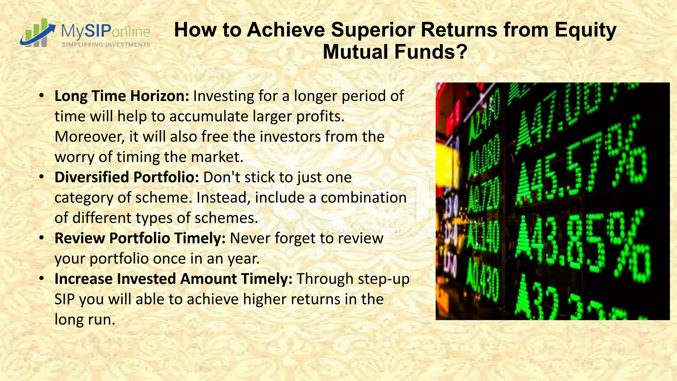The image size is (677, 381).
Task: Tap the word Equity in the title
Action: click(x=585, y=30)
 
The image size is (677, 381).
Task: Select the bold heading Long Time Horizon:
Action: click(x=122, y=96)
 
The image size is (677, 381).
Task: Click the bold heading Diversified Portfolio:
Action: click(x=127, y=177)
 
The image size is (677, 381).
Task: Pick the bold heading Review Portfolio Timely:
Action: click(x=140, y=238)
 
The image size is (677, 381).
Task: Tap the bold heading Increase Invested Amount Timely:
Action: click(x=173, y=279)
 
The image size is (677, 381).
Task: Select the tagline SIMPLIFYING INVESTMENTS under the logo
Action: click(x=106, y=45)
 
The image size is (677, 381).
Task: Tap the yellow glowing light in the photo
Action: click(x=448, y=162)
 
